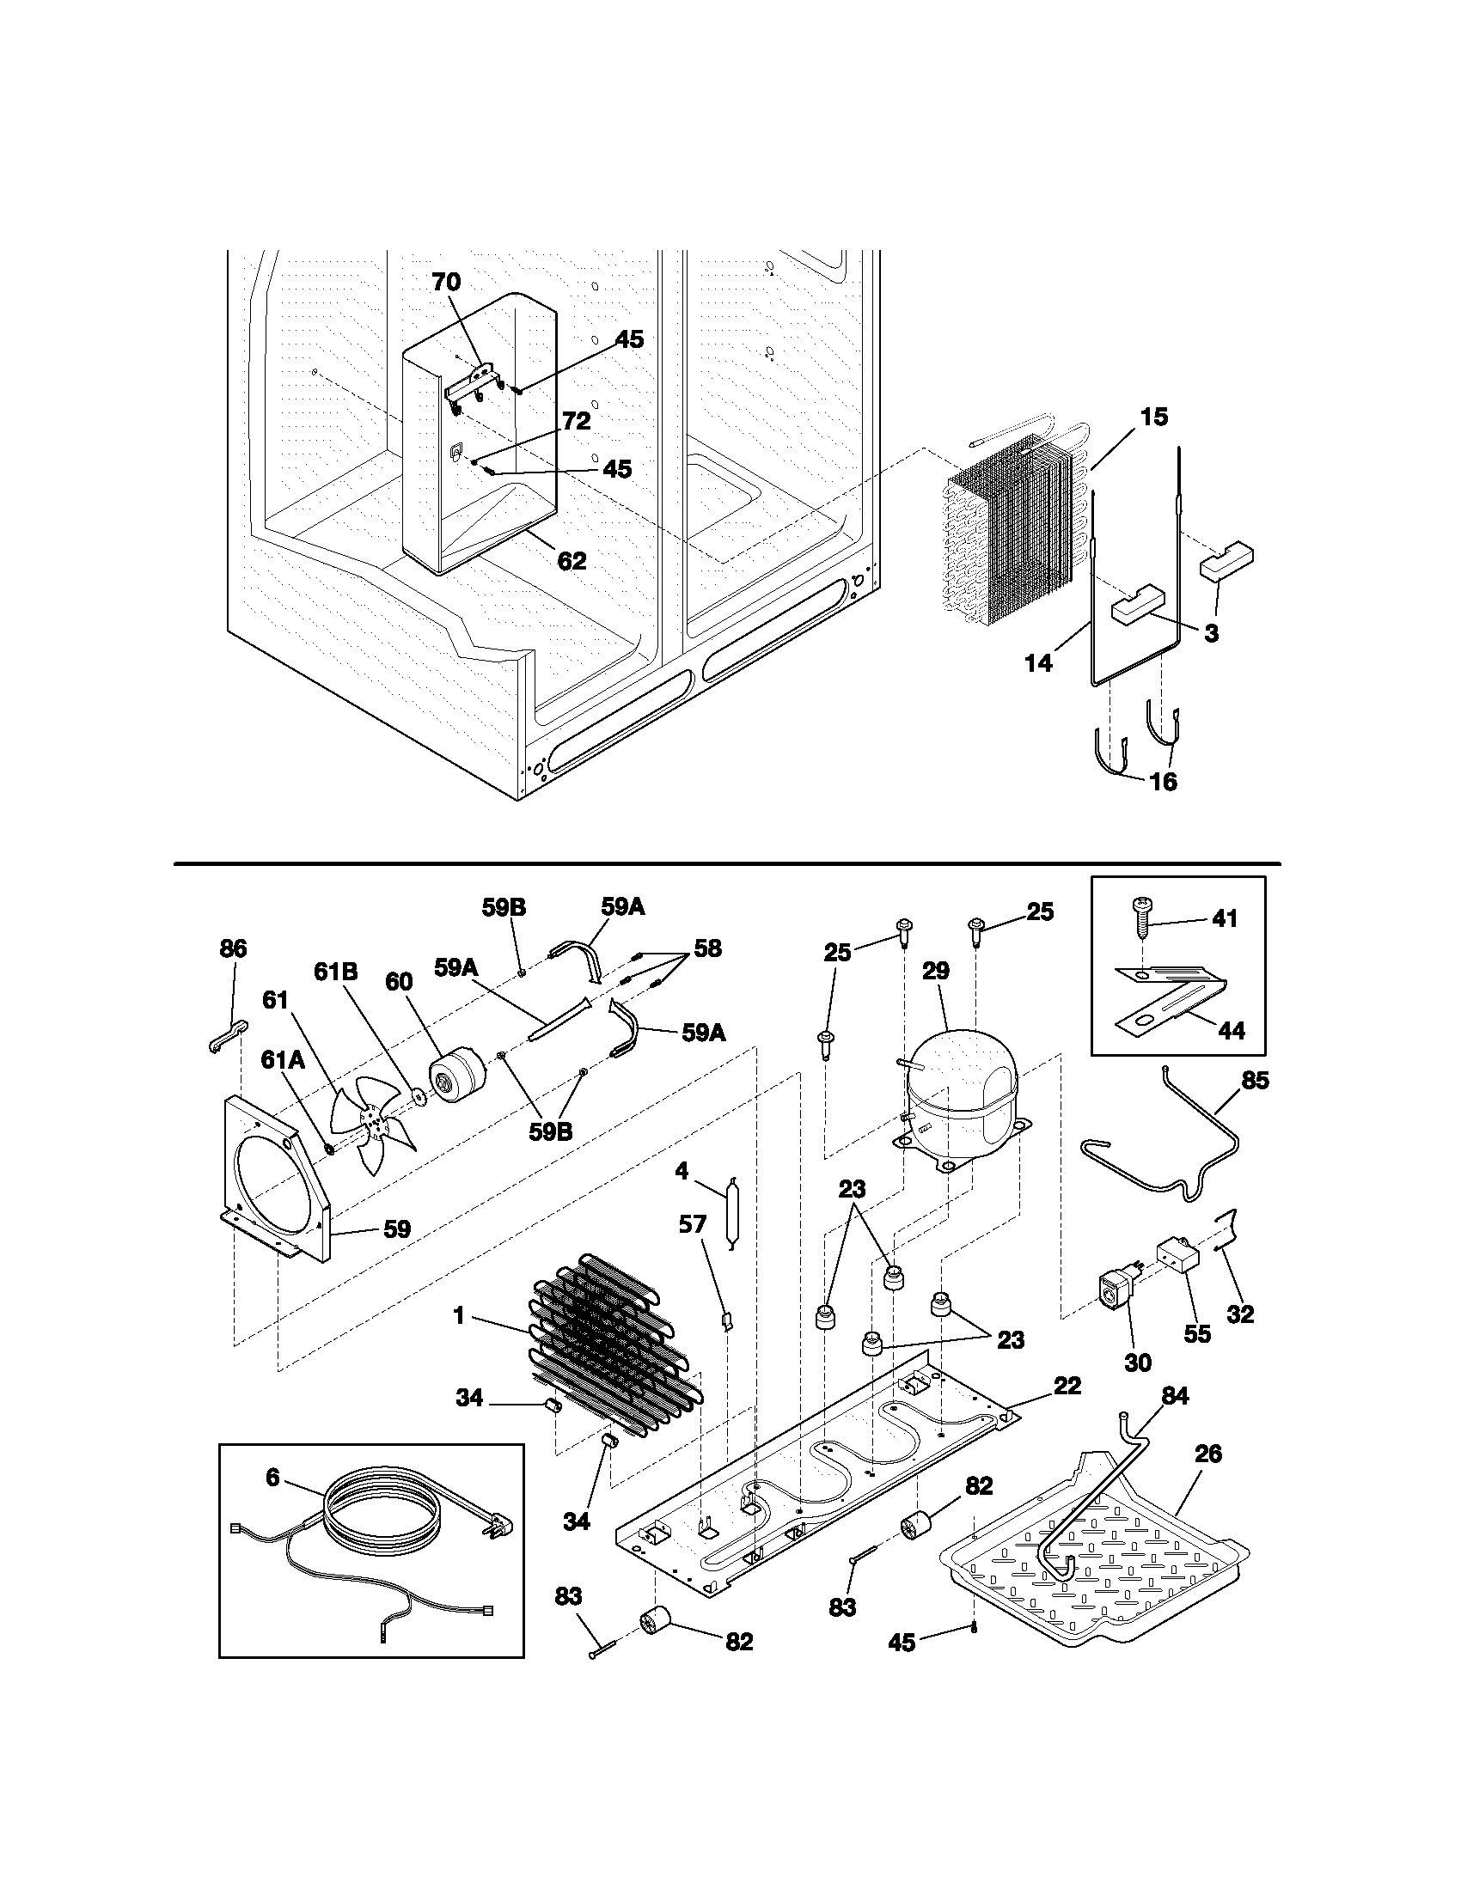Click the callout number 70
click(x=447, y=281)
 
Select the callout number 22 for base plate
click(x=1067, y=1386)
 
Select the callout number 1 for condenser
click(x=459, y=1317)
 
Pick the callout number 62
click(x=572, y=561)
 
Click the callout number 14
click(x=1039, y=663)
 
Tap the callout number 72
click(x=577, y=421)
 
